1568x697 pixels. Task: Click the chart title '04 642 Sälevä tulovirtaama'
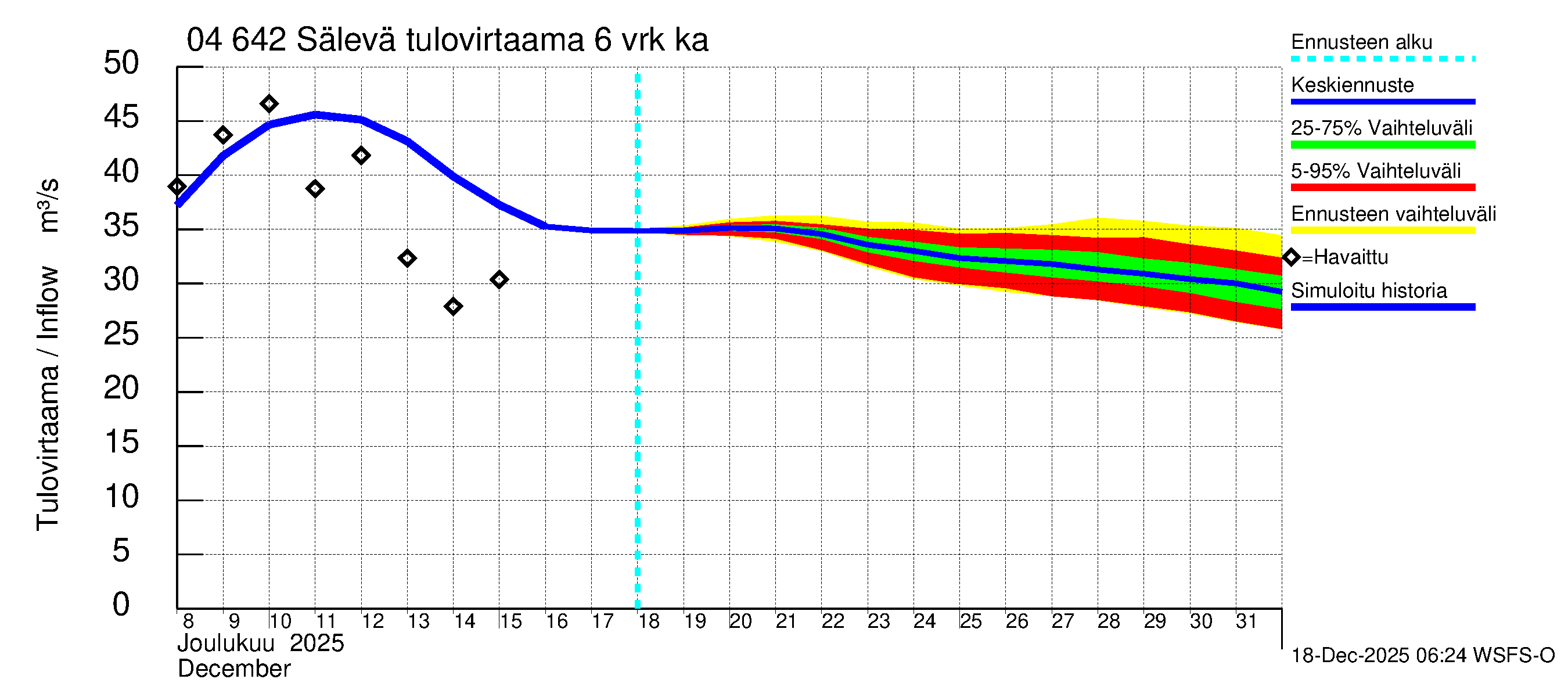(447, 40)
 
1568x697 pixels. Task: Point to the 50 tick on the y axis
(121, 63)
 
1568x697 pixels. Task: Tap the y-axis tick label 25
(121, 334)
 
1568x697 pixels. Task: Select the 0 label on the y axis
(121, 605)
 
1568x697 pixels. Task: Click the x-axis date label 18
(649, 621)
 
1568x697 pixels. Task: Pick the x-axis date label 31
(1246, 621)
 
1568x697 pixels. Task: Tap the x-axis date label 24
(925, 621)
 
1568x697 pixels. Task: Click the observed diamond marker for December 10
(269, 104)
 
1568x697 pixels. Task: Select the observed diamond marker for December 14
(453, 307)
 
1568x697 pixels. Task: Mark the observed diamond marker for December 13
(407, 258)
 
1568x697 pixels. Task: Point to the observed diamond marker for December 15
(499, 280)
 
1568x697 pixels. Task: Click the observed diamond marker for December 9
(223, 135)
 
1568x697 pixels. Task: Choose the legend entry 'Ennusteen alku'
(1361, 42)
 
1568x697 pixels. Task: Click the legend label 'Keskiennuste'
(1352, 85)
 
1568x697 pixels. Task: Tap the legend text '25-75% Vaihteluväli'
(1381, 128)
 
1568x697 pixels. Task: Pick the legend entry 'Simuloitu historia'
(1368, 291)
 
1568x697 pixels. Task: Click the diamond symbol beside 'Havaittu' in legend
(1291, 257)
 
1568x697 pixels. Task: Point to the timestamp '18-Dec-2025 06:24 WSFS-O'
(1422, 656)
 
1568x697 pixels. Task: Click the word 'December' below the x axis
(233, 669)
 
